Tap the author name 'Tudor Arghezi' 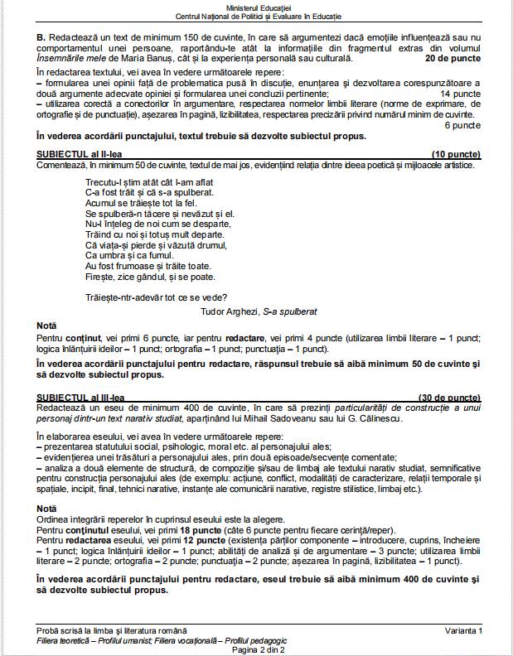[228, 311]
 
